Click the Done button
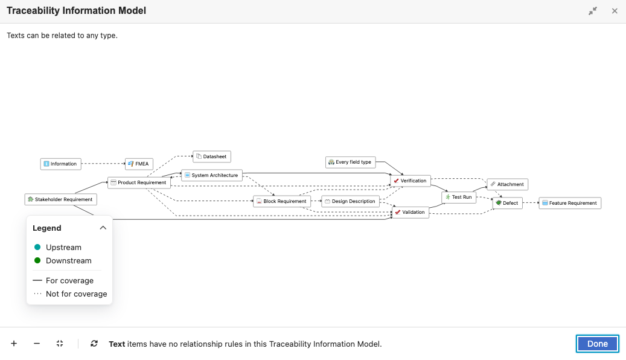(x=597, y=344)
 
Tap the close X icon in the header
(x=615, y=11)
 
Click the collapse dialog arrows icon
(x=593, y=11)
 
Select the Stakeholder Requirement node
(x=61, y=199)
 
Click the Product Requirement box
(x=139, y=182)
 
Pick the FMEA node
(x=139, y=164)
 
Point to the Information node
(x=61, y=164)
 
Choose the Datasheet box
(x=212, y=156)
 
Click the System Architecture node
(x=212, y=175)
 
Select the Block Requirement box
(x=282, y=201)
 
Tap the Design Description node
(x=351, y=201)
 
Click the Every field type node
(x=351, y=162)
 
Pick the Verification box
(x=410, y=181)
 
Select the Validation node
(x=410, y=212)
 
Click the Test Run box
(x=459, y=198)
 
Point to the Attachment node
(x=508, y=185)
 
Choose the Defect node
(x=508, y=203)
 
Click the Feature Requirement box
(x=570, y=203)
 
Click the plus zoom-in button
(x=14, y=344)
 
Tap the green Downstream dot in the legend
(x=37, y=260)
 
